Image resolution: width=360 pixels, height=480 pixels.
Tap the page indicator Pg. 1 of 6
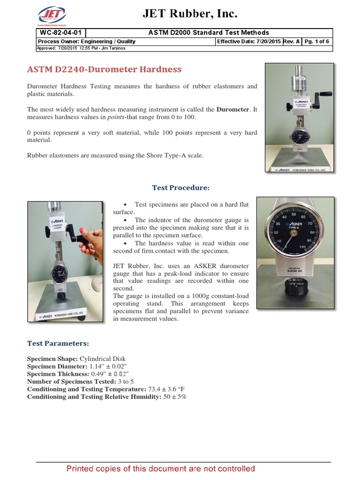316,41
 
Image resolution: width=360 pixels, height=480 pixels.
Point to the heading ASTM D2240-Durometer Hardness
104,69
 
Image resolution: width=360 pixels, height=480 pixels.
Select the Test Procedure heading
180,187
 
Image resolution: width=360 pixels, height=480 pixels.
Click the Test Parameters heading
58,344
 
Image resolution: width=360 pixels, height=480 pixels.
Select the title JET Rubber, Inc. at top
190,15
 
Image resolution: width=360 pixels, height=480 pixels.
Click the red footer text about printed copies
161,469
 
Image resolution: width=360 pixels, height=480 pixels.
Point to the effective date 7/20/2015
268,41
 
